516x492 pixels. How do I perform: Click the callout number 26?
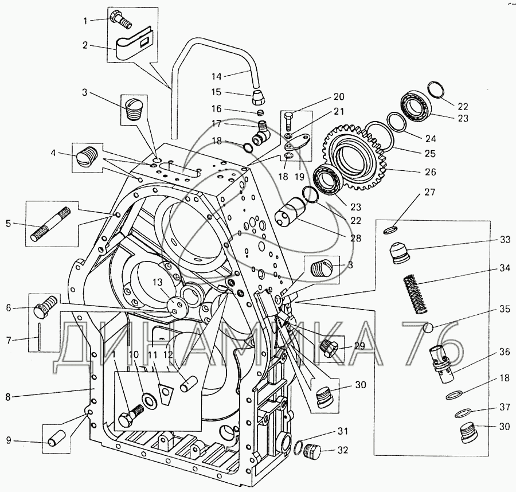[430, 171]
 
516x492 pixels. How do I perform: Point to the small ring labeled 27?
[389, 231]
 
